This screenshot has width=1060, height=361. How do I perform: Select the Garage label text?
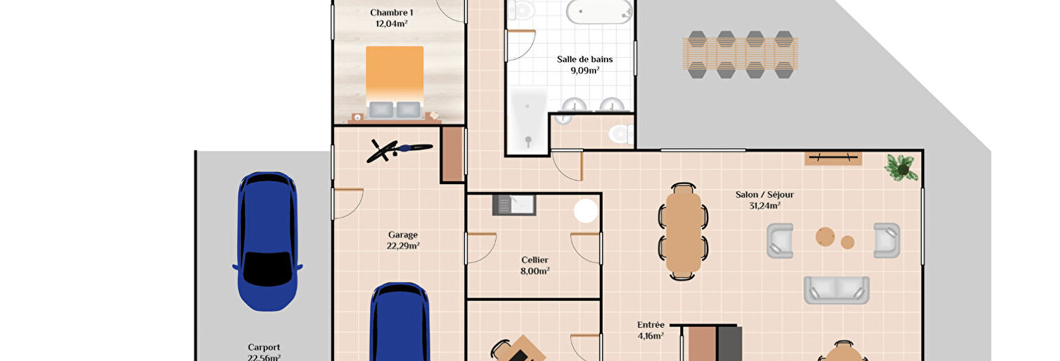coord(402,235)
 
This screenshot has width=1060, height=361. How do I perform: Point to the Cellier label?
coord(535,259)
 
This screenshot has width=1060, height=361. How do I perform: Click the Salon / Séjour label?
coord(764,195)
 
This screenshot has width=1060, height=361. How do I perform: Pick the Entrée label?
coord(651,324)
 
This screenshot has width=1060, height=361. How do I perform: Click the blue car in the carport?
coord(267,241)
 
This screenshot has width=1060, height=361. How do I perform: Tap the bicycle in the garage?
coord(400,150)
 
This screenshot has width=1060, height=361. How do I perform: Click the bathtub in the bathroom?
coord(599,12)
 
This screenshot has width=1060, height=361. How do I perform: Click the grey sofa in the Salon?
coord(836,290)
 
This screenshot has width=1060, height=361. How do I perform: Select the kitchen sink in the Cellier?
coord(514,205)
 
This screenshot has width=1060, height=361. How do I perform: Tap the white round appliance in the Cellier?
coord(586,211)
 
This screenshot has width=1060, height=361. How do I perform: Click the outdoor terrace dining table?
coord(740,54)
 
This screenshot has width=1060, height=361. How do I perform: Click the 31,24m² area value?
coord(764,206)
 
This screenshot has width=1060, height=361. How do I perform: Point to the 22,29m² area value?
coord(402,246)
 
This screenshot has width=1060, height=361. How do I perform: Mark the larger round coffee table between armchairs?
coord(825,237)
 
